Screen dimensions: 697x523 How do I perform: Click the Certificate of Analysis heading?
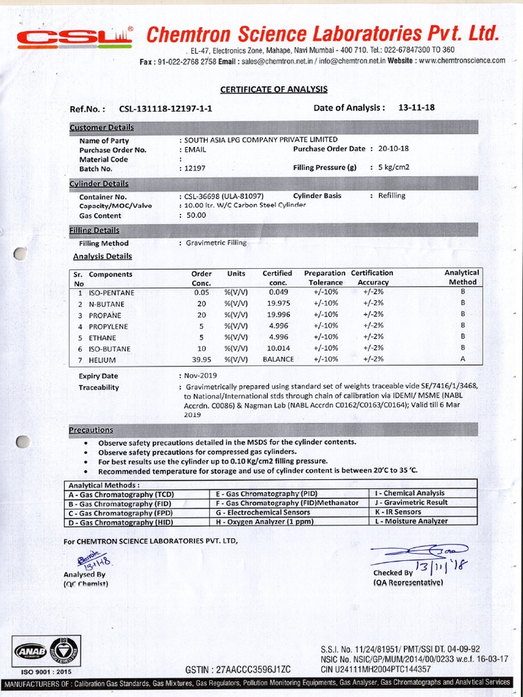click(274, 89)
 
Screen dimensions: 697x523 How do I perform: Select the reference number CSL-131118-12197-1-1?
click(165, 108)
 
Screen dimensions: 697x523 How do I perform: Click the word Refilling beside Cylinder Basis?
click(391, 195)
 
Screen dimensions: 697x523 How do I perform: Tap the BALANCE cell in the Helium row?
click(279, 359)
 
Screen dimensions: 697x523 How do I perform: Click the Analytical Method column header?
click(462, 277)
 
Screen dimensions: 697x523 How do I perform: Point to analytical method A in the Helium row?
click(462, 359)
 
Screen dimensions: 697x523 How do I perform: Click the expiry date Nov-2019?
click(198, 375)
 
